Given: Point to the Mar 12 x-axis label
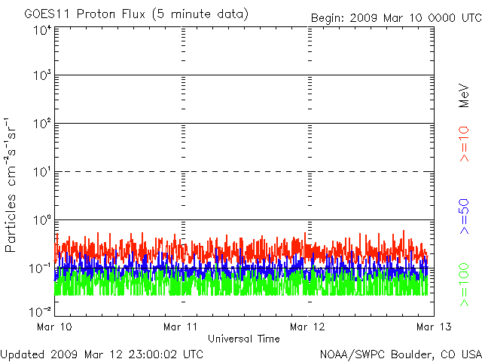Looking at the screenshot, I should [x=309, y=327].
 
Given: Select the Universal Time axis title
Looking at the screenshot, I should [x=243, y=339].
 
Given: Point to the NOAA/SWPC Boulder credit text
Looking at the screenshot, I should [x=400, y=353].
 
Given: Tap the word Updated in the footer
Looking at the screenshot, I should [x=23, y=353].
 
